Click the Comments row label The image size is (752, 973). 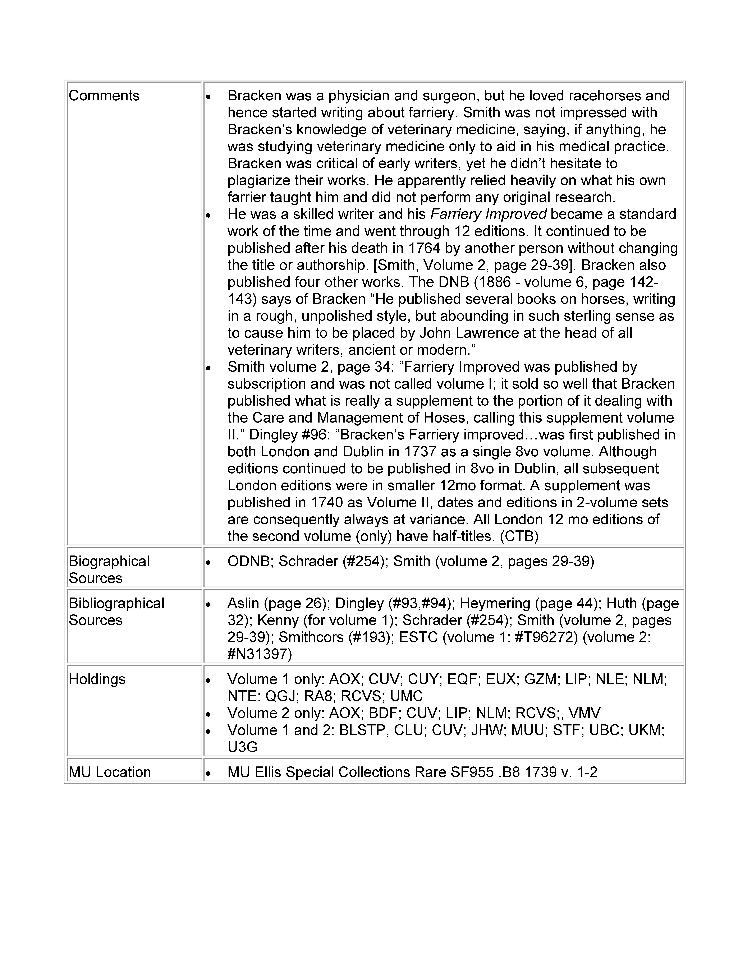[x=104, y=96]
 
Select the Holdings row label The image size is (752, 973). [x=97, y=679]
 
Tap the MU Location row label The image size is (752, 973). [x=110, y=772]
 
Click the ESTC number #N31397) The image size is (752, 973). [x=260, y=654]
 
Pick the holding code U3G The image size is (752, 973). [x=242, y=747]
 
